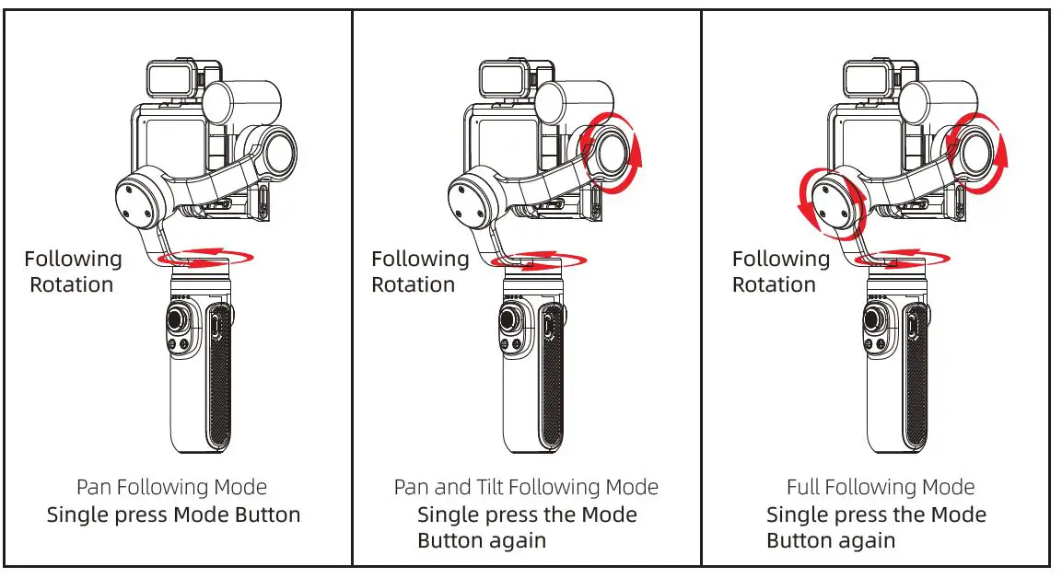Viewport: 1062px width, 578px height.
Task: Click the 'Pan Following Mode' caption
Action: pos(171,487)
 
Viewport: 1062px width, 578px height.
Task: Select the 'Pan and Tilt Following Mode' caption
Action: pos(526,487)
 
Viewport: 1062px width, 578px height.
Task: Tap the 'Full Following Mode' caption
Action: pos(880,487)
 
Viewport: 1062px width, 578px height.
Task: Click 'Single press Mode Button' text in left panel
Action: pos(173,514)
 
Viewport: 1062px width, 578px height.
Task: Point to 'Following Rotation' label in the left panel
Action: pos(73,272)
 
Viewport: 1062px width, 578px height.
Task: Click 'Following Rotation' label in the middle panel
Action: pos(420,272)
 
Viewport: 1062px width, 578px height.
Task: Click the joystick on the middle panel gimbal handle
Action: pos(509,322)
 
